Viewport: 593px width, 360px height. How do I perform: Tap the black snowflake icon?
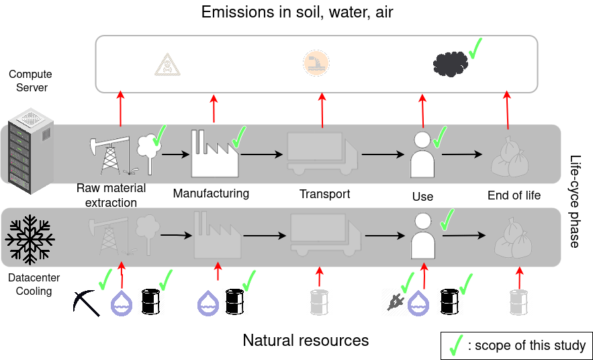point(30,240)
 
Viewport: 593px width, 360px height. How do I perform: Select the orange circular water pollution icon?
point(316,63)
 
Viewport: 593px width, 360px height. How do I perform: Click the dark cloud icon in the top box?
point(450,64)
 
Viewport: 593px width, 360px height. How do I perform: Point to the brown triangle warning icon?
point(168,64)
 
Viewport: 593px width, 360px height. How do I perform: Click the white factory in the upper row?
point(214,154)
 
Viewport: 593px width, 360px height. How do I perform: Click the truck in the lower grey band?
point(324,235)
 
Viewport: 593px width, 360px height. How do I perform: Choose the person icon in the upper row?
point(422,154)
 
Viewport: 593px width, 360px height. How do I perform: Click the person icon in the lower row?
point(423,236)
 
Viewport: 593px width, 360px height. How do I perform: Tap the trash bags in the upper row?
point(510,157)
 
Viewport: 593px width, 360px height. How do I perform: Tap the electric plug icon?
point(393,302)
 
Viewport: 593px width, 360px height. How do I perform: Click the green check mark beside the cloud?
point(475,48)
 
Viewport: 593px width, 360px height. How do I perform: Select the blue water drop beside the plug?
point(418,303)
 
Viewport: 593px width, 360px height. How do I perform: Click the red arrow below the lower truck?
point(320,276)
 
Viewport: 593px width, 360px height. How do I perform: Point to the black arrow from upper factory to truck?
point(262,154)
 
